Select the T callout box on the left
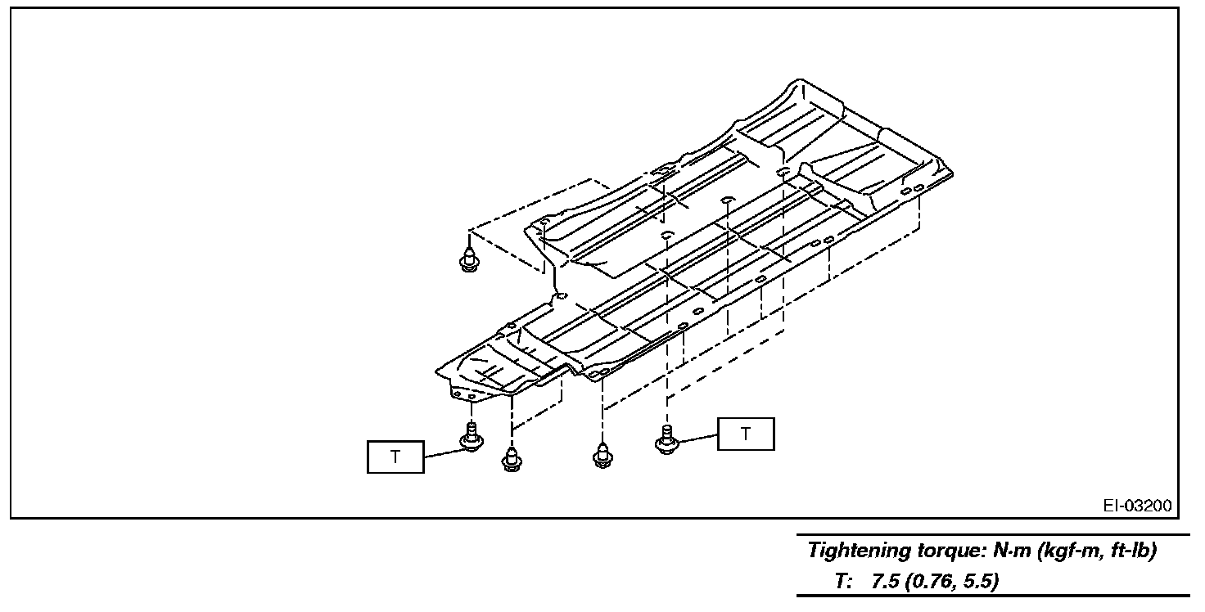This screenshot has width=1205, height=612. pos(395,457)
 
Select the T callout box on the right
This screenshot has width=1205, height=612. pos(745,434)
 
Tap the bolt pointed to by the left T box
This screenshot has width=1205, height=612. pos(472,438)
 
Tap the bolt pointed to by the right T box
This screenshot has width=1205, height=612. pos(666,439)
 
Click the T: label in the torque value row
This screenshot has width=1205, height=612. pos(844,582)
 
